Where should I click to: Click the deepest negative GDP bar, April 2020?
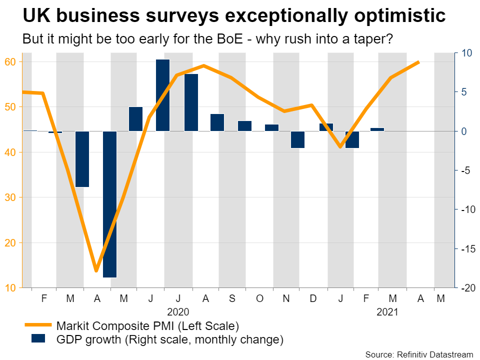coord(109,204)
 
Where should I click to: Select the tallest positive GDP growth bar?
coord(163,95)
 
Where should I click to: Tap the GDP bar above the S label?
coord(244,126)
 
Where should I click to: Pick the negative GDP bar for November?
coord(297,139)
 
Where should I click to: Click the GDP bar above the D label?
coord(326,127)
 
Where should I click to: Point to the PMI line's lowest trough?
coord(96,271)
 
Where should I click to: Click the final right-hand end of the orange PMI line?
coord(419,62)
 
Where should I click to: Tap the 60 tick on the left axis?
coord(11,62)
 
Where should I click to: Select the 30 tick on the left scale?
coord(11,197)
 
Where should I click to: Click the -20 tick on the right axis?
coord(466,288)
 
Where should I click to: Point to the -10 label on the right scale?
coord(466,209)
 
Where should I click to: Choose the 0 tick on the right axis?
coord(463,131)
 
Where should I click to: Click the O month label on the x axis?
coord(259,298)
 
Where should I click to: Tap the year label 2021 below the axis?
coord(387,312)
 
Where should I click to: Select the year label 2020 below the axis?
coord(178,312)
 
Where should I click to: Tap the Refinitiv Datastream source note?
coord(419,354)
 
